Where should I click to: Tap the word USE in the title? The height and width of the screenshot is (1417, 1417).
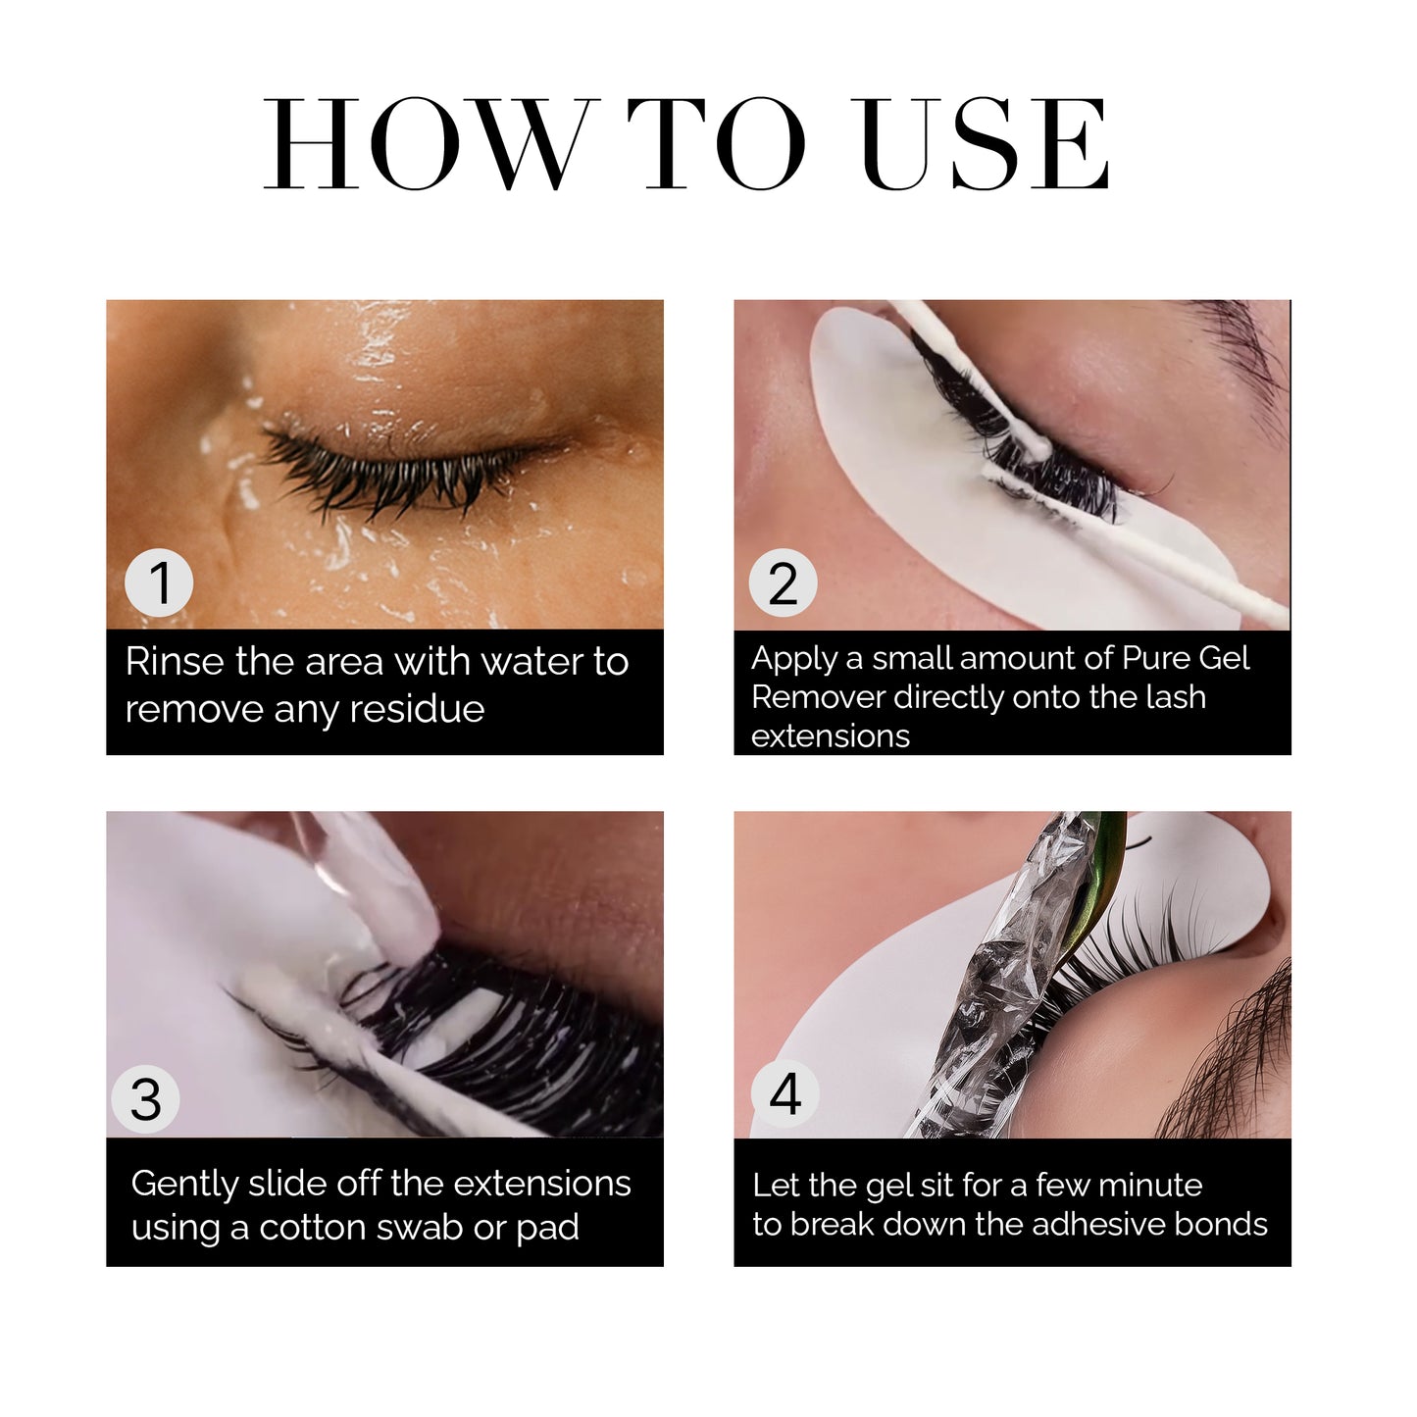click(x=984, y=144)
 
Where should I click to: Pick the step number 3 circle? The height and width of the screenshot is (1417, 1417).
click(x=145, y=1099)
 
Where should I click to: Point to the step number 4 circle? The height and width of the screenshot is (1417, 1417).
click(x=784, y=1093)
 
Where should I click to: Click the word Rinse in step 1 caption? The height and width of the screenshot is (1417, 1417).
click(x=175, y=662)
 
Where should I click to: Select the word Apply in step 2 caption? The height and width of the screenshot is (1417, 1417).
click(x=793, y=659)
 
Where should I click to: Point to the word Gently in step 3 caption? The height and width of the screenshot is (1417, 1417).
click(x=183, y=1185)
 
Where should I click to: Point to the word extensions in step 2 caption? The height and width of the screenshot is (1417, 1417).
click(x=831, y=736)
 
